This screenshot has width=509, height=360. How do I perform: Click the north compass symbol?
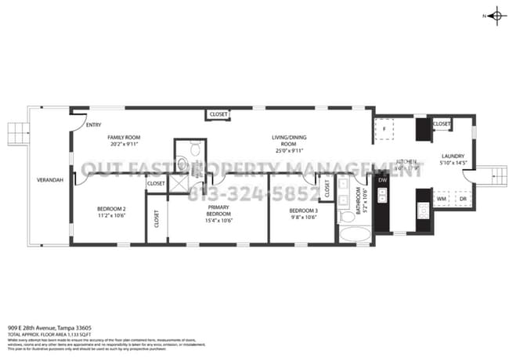496,16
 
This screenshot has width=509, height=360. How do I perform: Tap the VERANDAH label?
49,180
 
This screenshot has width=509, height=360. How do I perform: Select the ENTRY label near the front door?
93,124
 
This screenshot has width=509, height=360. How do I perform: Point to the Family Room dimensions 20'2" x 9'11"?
127,144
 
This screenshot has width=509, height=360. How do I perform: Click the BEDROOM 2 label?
112,209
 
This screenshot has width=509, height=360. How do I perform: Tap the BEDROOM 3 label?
303,211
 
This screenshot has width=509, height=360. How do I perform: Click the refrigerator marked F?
384,130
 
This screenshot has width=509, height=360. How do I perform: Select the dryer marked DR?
462,199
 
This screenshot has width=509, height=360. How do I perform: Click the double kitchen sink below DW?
381,198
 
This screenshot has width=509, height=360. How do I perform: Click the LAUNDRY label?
453,156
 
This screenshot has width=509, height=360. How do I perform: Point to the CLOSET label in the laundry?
442,124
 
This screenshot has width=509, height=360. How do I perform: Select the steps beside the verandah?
17,134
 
